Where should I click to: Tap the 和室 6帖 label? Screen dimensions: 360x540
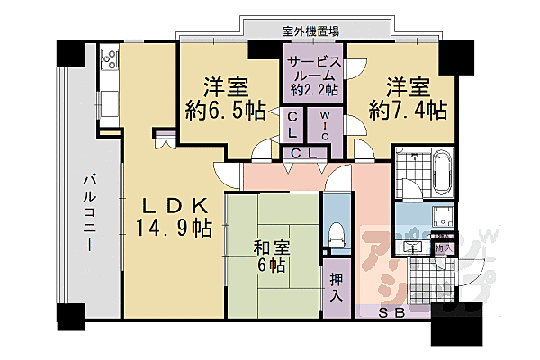pyautogui.click(x=269, y=256)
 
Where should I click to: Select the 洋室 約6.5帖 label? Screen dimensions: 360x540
pyautogui.click(x=224, y=99)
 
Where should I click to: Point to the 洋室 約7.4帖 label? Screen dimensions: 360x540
pyautogui.click(x=408, y=99)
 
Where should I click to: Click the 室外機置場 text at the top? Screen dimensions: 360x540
pyautogui.click(x=311, y=31)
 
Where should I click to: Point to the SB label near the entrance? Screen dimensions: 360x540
pyautogui.click(x=390, y=313)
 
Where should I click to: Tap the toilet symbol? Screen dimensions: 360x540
pyautogui.click(x=337, y=234)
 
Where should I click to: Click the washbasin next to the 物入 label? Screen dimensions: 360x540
pyautogui.click(x=415, y=246)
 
